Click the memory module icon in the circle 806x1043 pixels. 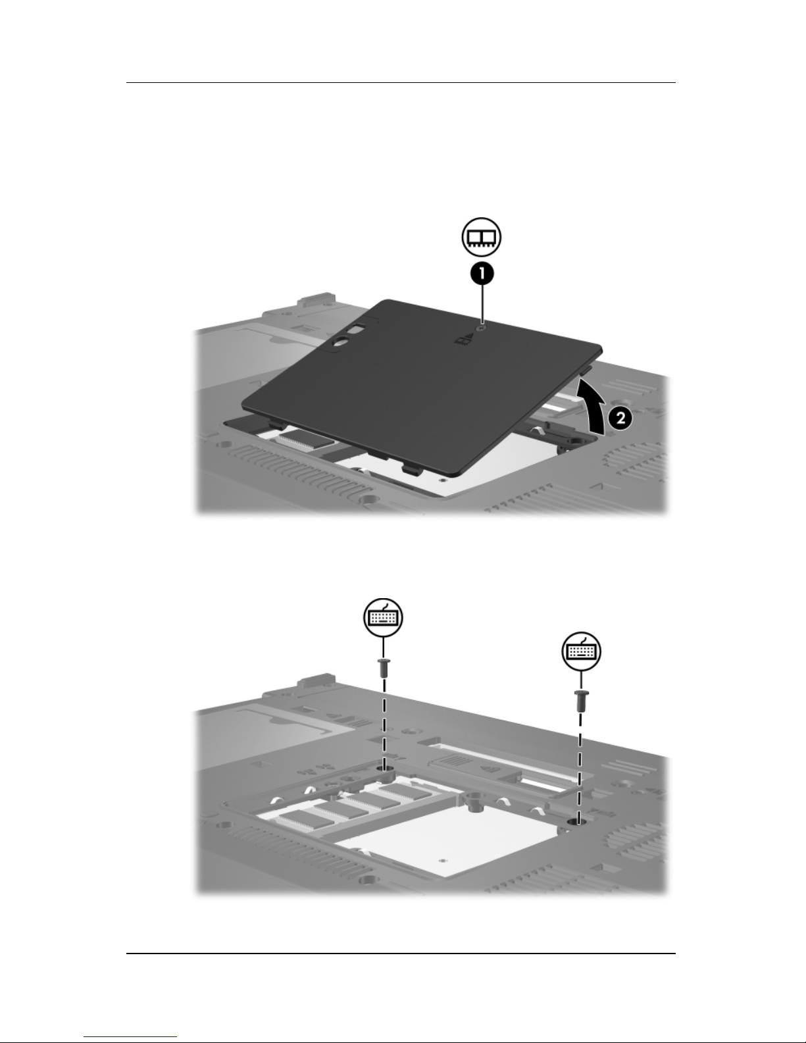(481, 238)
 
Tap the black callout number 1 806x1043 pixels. (482, 274)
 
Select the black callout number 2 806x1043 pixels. (620, 418)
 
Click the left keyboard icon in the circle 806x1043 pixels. (383, 617)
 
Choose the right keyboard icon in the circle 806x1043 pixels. (581, 651)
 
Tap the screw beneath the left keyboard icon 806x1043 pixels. (384, 668)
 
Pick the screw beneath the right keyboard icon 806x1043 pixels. (581, 701)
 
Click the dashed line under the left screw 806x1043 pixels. (384, 723)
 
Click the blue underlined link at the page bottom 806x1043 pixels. (130, 1037)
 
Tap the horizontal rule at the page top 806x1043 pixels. (401, 82)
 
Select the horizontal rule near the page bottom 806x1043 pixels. (401, 954)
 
